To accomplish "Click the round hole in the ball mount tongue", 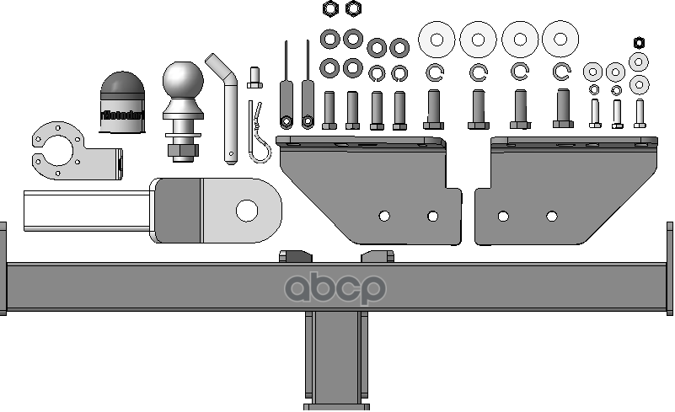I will [x=247, y=209].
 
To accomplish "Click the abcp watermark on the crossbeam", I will [x=335, y=288].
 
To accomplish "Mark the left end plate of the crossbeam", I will [x=3, y=268].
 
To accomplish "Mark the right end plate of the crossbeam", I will [x=671, y=268].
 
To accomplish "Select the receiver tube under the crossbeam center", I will [x=336, y=358].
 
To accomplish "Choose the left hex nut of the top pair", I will [x=330, y=8].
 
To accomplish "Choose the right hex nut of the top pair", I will [x=353, y=8].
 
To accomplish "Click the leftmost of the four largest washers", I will [x=437, y=39].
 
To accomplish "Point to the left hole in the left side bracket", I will [x=384, y=217].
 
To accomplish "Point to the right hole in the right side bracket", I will [x=552, y=217].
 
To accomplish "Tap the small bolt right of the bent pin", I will [x=254, y=79].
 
